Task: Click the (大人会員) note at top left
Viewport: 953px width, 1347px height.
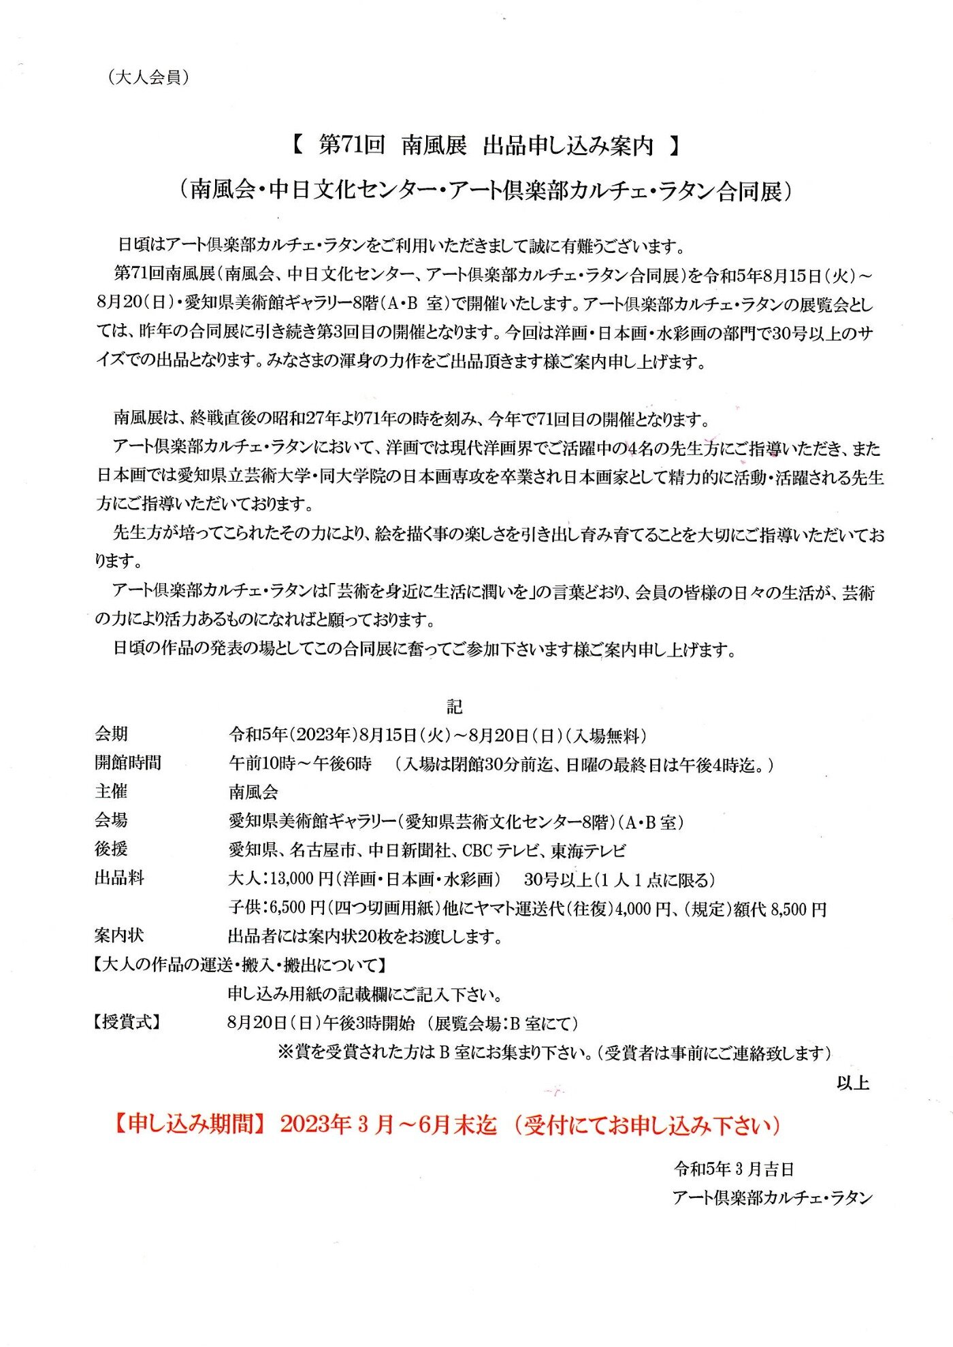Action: (x=148, y=78)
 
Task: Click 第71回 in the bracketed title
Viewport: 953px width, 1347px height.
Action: (x=351, y=145)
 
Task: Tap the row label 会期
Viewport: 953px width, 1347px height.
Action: (x=111, y=734)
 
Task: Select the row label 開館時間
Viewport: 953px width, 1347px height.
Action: (x=127, y=763)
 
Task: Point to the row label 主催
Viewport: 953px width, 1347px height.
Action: (x=111, y=791)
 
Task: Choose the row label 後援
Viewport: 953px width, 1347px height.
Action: (x=111, y=849)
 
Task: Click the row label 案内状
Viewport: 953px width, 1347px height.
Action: (x=119, y=935)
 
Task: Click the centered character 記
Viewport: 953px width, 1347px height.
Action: (x=455, y=707)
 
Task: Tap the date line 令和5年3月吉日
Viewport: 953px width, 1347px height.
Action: (x=734, y=1169)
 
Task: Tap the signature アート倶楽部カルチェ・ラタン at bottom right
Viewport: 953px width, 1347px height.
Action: (x=772, y=1198)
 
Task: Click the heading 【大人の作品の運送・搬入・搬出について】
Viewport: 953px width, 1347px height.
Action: (x=240, y=965)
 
